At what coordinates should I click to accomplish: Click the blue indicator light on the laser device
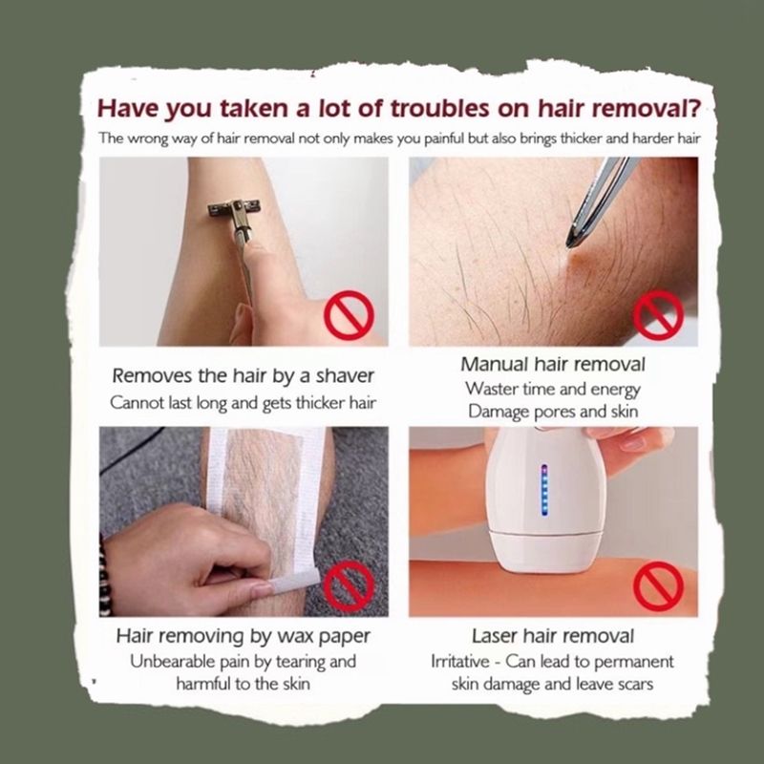pyautogui.click(x=544, y=490)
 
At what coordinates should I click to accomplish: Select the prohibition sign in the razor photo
pyautogui.click(x=349, y=315)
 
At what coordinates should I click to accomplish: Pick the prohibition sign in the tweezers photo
pyautogui.click(x=658, y=315)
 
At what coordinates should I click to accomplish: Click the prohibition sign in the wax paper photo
pyautogui.click(x=349, y=584)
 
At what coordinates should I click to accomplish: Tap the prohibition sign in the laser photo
pyautogui.click(x=658, y=586)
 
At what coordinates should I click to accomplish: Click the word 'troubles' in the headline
pyautogui.click(x=440, y=108)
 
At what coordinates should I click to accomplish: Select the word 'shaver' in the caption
pyautogui.click(x=345, y=376)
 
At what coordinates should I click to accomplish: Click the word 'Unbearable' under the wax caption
pyautogui.click(x=172, y=662)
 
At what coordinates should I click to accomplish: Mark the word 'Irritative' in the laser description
pyautogui.click(x=460, y=662)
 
